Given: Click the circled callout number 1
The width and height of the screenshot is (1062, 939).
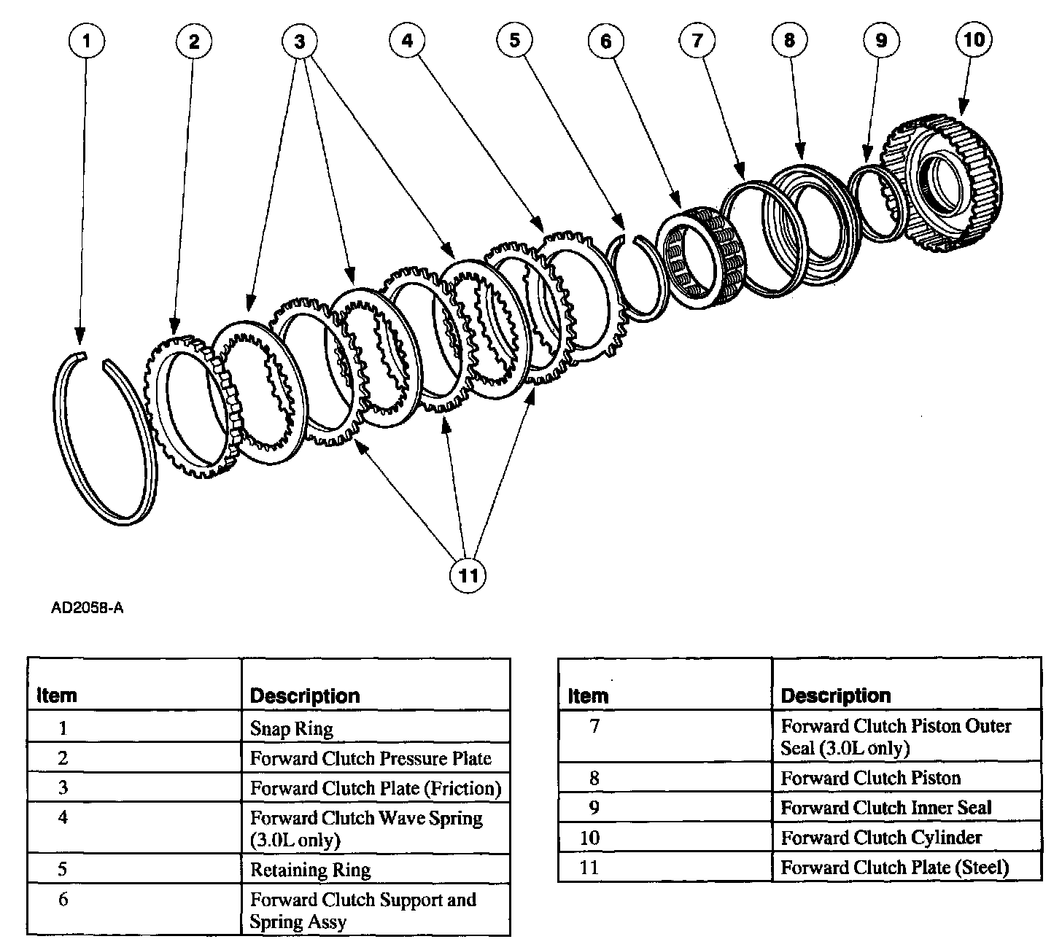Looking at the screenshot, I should click(87, 41).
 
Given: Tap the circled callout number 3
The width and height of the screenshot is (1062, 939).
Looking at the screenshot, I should click(299, 41).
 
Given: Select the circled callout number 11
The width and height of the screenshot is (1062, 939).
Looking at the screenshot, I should click(468, 576).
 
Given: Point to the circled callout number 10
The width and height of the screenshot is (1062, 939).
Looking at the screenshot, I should click(974, 39).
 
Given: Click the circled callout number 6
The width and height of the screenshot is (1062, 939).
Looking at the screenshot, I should click(606, 41).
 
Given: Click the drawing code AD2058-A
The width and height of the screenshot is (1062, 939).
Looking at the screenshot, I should click(87, 607).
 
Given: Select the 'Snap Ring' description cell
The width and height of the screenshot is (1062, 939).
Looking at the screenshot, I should click(292, 728).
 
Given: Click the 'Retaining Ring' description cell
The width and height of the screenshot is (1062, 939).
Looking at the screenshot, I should click(311, 870).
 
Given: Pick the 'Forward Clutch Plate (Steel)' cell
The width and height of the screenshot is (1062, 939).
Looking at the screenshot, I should click(894, 868).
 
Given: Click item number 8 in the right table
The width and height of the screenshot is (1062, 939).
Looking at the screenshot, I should click(594, 778).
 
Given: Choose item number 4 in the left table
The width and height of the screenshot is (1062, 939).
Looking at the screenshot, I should click(63, 818).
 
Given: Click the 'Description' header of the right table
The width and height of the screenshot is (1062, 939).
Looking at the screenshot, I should click(836, 696).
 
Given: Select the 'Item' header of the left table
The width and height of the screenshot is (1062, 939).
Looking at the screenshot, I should click(56, 696).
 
